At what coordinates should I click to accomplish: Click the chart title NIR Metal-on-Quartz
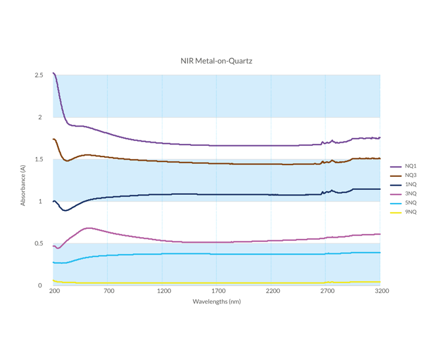point(216,61)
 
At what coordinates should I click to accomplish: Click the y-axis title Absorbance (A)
point(23,185)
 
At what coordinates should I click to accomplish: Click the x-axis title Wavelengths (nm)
point(216,302)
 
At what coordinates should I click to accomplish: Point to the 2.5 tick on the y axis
point(39,75)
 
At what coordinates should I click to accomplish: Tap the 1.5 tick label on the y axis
point(39,160)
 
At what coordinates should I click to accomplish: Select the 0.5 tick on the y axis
point(39,243)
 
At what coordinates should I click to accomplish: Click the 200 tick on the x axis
point(53,290)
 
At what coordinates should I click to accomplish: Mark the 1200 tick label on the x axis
point(162,290)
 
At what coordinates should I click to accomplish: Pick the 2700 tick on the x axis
point(325,290)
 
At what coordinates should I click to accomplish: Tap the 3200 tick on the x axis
point(380,290)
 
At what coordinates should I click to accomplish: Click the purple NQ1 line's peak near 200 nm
point(54,73)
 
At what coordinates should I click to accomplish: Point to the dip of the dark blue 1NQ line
point(64,210)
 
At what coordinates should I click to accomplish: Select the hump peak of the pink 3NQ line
point(88,228)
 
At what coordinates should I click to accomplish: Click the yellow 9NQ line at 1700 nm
point(216,283)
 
